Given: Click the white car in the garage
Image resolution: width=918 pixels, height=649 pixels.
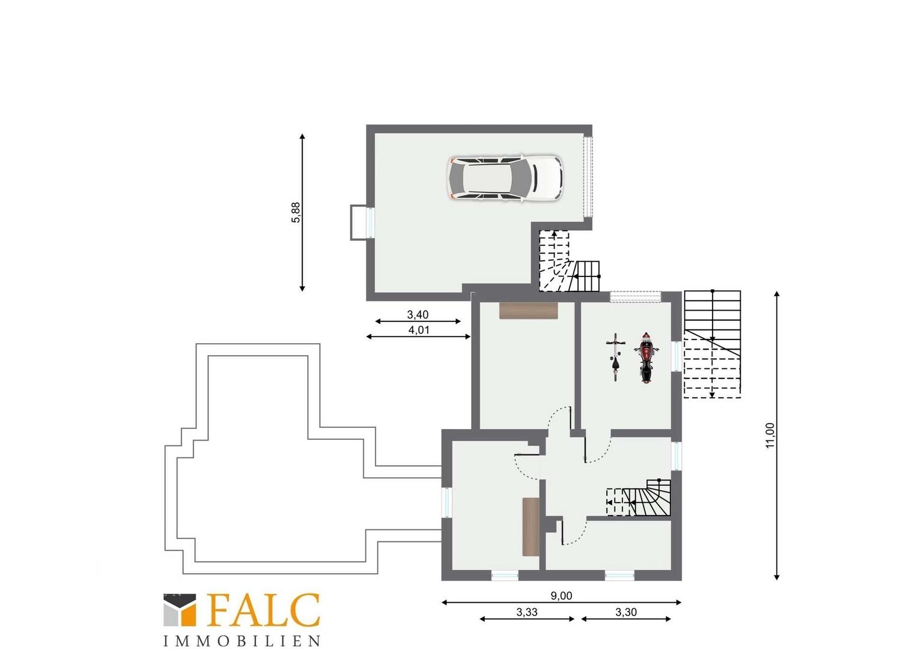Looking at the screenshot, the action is (x=505, y=178).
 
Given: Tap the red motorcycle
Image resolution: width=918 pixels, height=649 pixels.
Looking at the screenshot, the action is (x=646, y=358).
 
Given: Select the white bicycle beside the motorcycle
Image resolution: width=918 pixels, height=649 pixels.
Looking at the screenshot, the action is (x=616, y=357).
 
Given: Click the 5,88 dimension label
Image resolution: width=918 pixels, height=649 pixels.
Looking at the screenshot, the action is (x=296, y=212).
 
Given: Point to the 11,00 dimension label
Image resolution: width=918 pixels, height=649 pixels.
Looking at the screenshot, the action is (x=770, y=436).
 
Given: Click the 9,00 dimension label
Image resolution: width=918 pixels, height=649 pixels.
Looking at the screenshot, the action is (x=561, y=596).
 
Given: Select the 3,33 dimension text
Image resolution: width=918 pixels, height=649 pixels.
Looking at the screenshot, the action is (x=527, y=612).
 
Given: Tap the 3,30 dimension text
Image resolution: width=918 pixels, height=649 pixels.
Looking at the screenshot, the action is (x=626, y=612).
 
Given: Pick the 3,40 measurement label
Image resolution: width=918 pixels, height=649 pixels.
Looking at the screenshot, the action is (x=418, y=314).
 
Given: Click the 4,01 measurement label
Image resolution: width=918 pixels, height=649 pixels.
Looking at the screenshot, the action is (x=419, y=330).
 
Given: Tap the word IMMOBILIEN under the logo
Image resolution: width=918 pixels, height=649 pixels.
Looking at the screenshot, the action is (x=242, y=641).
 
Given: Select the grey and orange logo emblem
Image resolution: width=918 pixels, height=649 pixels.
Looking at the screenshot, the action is (x=180, y=610).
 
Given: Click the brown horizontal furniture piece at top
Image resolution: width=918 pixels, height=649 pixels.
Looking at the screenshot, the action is (x=529, y=310).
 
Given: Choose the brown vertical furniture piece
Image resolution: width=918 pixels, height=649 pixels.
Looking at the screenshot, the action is (x=530, y=526).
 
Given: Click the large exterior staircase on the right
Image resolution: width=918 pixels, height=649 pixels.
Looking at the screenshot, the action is (x=713, y=344).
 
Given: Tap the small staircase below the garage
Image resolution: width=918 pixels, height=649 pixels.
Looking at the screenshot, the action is (x=569, y=261).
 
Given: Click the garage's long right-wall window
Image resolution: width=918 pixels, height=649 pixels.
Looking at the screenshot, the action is (x=588, y=177).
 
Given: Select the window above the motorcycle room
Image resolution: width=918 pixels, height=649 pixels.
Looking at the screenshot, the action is (x=635, y=296).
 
